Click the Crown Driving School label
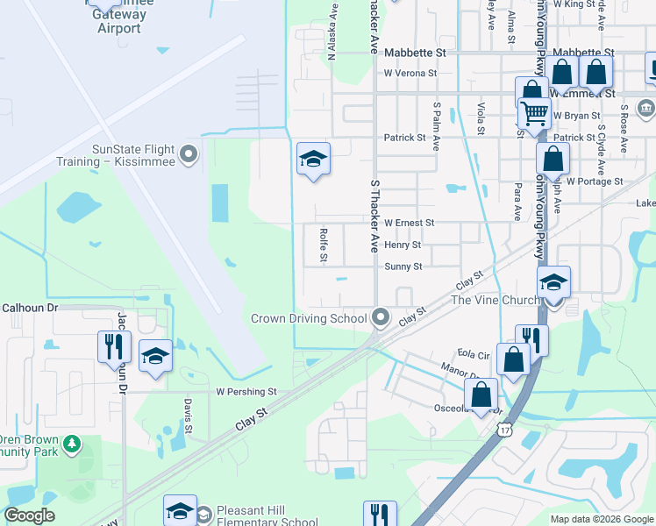click(309, 317)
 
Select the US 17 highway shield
click(503, 428)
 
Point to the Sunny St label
click(403, 267)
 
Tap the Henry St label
click(403, 245)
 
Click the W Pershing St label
click(246, 391)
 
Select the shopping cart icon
click(534, 113)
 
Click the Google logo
click(29, 515)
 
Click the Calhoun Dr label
click(29, 308)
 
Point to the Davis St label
click(188, 416)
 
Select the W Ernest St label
click(409, 223)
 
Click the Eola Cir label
click(472, 355)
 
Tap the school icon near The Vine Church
click(554, 283)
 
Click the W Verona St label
click(410, 73)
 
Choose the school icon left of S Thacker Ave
click(313, 159)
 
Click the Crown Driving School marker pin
click(380, 316)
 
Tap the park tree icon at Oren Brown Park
click(72, 444)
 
